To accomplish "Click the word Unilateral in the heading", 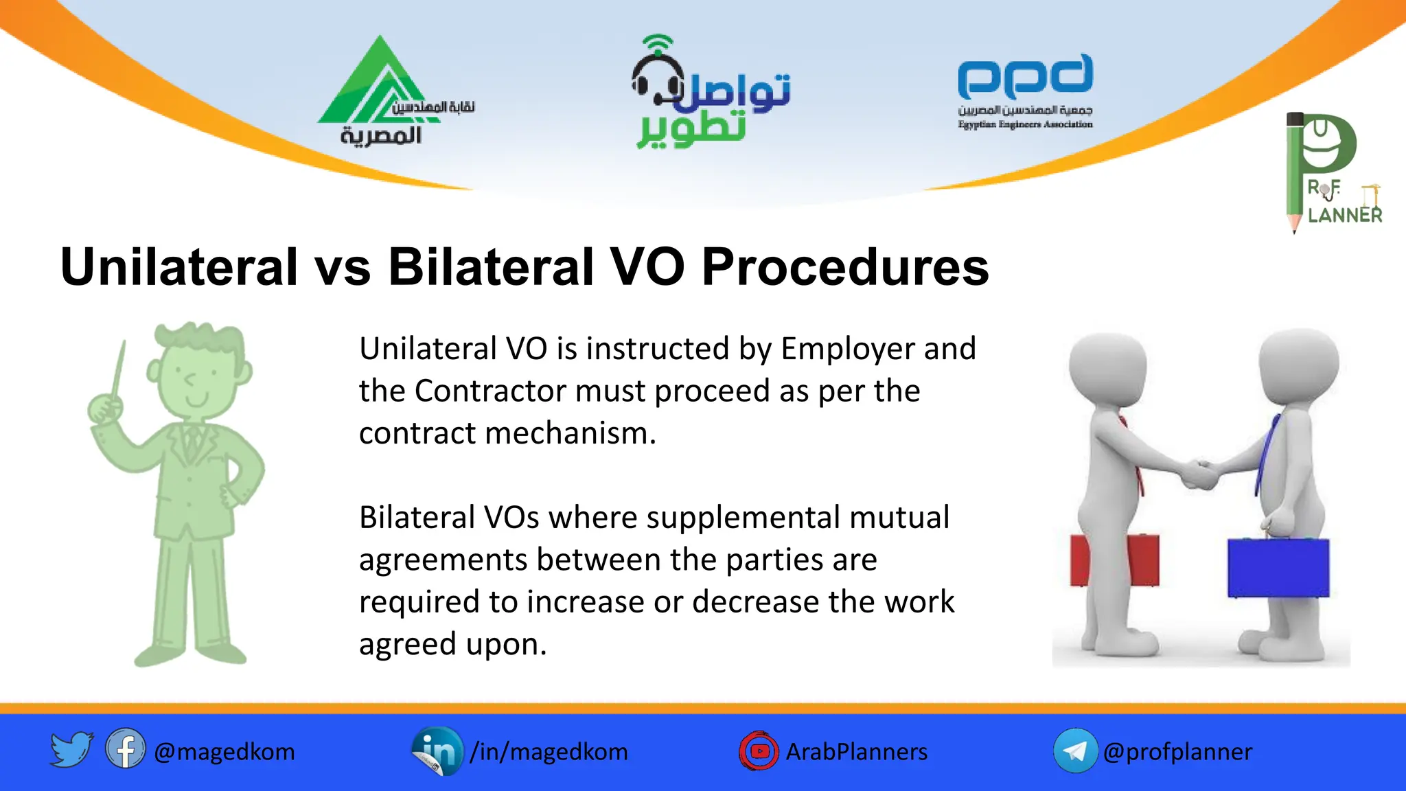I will coord(179,266).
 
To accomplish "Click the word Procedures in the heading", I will coord(845,266).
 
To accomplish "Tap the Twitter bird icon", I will coord(71,749).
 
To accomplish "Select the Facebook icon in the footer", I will coord(126,749).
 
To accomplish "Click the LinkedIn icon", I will coord(437,751).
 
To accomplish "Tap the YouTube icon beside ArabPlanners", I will coord(759,751).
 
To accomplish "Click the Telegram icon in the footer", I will coord(1075,751).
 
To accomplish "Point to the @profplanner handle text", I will coord(1177,752).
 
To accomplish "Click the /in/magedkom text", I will coord(549,752).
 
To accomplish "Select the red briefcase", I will coord(1114,560).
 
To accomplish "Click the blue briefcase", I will coord(1278,567).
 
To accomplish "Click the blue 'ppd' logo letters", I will coord(1025,76).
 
